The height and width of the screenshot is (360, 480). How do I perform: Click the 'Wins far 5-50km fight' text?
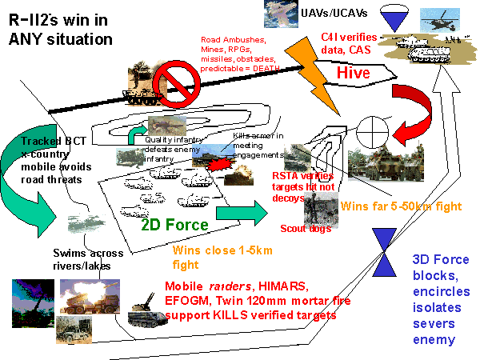(x=401, y=206)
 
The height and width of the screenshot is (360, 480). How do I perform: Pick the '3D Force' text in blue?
(x=437, y=259)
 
